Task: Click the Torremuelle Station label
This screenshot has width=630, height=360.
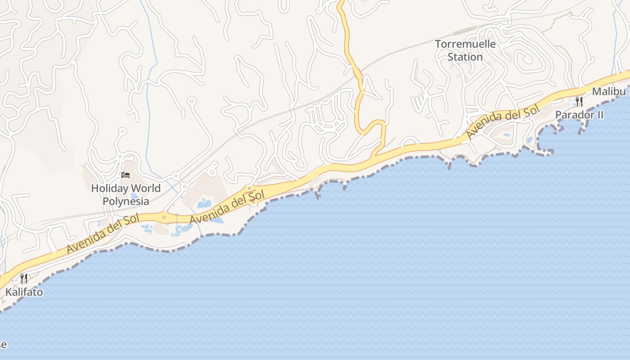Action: [x=465, y=50]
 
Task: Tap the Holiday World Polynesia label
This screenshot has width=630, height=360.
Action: [x=126, y=194]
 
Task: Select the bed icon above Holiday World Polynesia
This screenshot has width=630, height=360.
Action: [x=126, y=175]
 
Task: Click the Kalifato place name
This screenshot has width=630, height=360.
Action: [x=24, y=292]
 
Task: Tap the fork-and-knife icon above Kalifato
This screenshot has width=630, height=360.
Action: [x=24, y=279]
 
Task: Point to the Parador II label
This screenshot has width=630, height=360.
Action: [x=579, y=115]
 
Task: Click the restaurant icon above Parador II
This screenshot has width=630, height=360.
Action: [x=579, y=101]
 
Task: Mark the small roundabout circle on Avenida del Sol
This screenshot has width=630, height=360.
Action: [x=164, y=218]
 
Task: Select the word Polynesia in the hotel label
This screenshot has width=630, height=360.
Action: [x=126, y=201]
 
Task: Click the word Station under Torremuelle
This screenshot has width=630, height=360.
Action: [x=465, y=57]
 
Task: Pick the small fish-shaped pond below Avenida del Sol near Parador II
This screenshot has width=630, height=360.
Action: [x=507, y=135]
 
